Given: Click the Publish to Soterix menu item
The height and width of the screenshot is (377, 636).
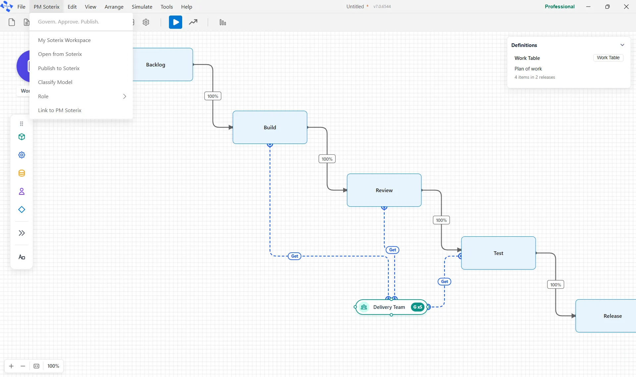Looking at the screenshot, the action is (59, 68).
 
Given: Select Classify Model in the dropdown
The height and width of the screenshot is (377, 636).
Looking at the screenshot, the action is (55, 82).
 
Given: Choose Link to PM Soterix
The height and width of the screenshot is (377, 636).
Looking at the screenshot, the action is (60, 110).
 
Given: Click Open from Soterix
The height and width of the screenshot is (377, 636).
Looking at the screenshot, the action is (60, 54).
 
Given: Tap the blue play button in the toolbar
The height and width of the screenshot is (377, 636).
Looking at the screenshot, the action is (176, 22).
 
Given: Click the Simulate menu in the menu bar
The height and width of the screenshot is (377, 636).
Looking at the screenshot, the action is (142, 7).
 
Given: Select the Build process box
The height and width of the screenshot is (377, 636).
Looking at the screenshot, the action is (270, 127).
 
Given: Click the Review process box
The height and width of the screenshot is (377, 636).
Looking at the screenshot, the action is (384, 190).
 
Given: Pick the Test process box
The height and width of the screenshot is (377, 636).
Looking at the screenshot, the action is (499, 253).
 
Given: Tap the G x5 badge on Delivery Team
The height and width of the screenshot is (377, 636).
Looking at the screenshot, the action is (418, 307).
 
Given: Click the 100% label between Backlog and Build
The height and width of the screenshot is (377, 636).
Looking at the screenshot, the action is (213, 96).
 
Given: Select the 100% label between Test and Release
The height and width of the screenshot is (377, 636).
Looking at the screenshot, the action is (556, 285).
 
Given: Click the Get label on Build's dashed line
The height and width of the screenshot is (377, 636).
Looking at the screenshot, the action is (294, 256).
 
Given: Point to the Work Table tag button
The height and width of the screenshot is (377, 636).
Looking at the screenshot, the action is (608, 58).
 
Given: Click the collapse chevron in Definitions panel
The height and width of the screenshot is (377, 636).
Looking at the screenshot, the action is (622, 45).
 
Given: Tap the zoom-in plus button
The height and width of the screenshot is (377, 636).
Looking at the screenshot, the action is (11, 366).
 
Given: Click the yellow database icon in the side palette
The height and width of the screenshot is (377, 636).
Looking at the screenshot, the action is (22, 173).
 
